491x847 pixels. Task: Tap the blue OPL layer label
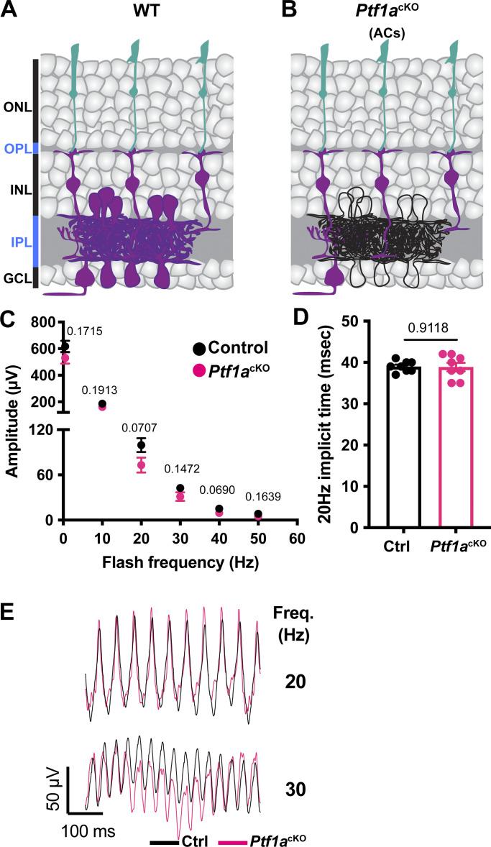click(x=17, y=148)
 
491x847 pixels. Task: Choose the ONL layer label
click(x=17, y=109)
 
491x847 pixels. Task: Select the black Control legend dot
click(x=199, y=349)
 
